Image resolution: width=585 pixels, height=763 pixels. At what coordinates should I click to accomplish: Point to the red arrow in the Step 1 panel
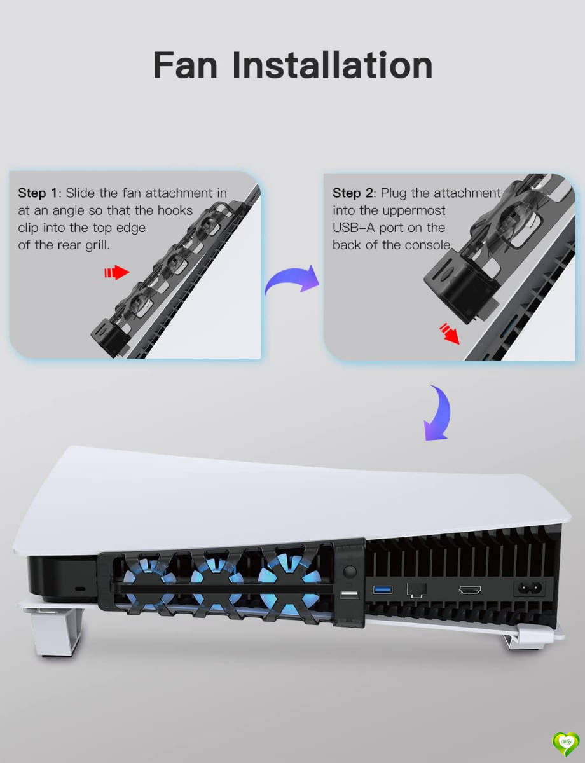tap(116, 273)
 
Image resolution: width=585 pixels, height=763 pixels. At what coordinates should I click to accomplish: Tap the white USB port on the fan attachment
tap(348, 595)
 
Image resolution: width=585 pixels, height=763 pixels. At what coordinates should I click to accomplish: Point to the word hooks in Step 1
tap(172, 210)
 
